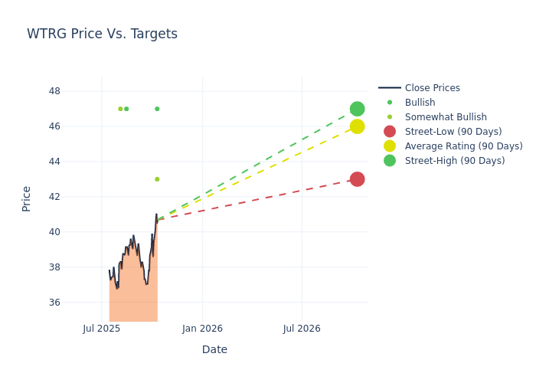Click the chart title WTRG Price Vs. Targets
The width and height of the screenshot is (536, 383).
102,34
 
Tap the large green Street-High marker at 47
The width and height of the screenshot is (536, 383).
357,109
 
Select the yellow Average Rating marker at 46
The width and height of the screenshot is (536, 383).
357,126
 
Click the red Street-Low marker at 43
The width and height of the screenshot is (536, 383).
357,179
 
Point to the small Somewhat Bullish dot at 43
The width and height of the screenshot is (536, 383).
157,179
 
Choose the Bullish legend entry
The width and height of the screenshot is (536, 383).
420,103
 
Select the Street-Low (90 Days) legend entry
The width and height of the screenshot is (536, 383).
453,132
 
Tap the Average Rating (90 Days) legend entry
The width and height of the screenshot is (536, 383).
463,146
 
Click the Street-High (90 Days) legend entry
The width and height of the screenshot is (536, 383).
455,161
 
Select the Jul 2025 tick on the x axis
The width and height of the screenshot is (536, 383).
102,329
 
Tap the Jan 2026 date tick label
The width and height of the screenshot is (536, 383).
202,329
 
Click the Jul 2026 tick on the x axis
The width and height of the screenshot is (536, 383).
302,329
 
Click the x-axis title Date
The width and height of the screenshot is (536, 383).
214,350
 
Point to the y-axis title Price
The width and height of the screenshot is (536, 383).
27,198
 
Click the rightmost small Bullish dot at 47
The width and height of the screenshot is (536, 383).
157,109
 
